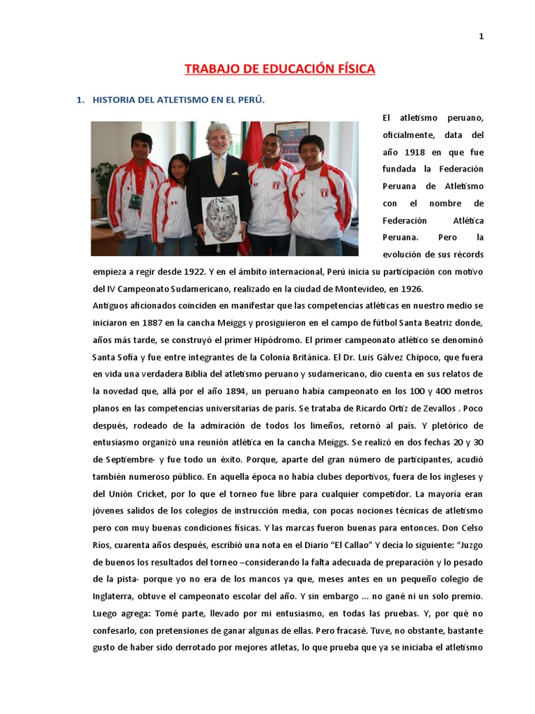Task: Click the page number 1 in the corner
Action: click(x=481, y=37)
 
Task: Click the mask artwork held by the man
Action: click(x=222, y=220)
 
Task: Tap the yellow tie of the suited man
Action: click(x=219, y=170)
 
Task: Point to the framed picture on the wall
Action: click(x=291, y=138)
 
